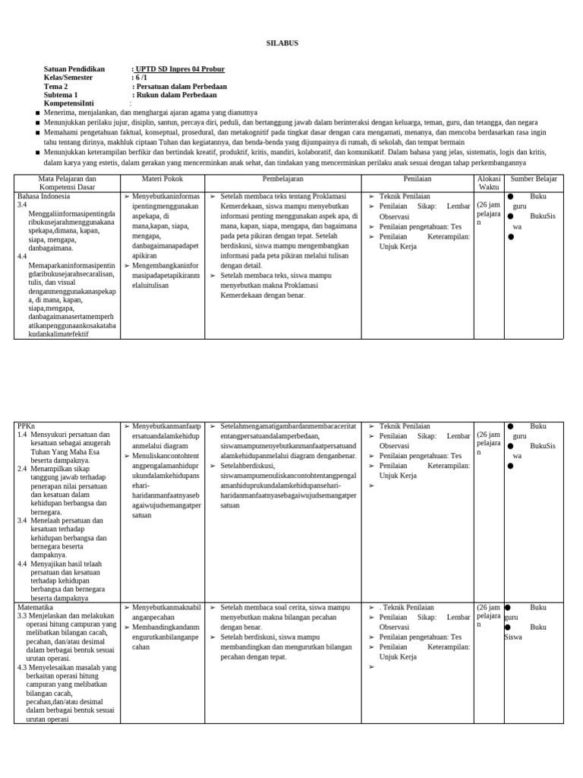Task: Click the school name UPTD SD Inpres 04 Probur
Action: pyautogui.click(x=179, y=69)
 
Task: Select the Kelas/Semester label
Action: pyautogui.click(x=68, y=77)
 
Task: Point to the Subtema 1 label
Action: pyautogui.click(x=61, y=95)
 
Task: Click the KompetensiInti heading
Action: pyautogui.click(x=69, y=103)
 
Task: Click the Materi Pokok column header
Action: pyautogui.click(x=162, y=179)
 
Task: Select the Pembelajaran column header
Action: pyautogui.click(x=282, y=179)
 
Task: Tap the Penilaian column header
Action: pyautogui.click(x=418, y=179)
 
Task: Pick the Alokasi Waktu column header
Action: pyautogui.click(x=489, y=182)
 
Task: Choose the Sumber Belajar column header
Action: pyautogui.click(x=534, y=179)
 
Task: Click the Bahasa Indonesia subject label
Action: pyautogui.click(x=43, y=196)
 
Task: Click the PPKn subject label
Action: pyautogui.click(x=26, y=426)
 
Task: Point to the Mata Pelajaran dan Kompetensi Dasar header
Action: pyautogui.click(x=67, y=182)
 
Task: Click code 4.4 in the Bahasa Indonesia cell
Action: pyautogui.click(x=22, y=257)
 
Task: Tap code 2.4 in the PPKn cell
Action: pyautogui.click(x=22, y=470)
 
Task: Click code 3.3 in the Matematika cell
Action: pyautogui.click(x=22, y=616)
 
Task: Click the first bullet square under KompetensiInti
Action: pyautogui.click(x=37, y=112)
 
